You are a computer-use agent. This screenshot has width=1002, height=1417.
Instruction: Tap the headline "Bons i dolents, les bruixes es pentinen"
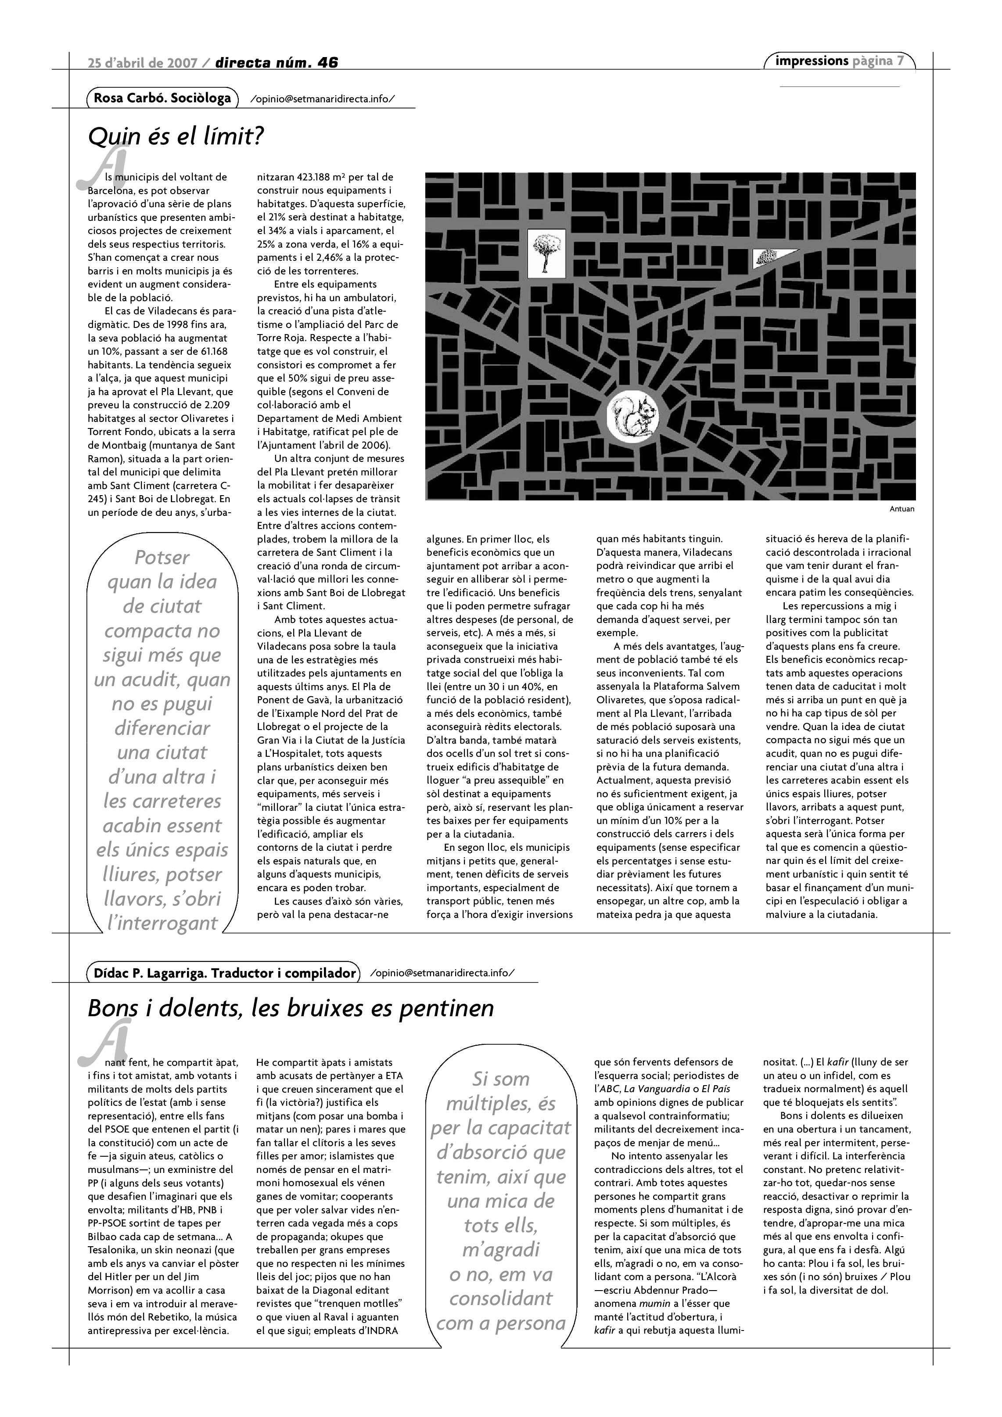[x=291, y=1008]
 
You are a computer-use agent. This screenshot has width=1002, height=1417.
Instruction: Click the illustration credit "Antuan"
[x=901, y=509]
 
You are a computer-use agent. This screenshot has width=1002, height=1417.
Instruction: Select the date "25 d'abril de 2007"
[x=143, y=62]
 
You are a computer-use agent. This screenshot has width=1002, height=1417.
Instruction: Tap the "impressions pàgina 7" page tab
[x=839, y=61]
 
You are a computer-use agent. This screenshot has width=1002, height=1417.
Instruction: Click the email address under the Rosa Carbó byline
[x=323, y=99]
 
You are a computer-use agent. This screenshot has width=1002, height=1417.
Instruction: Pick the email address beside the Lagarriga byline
[x=442, y=973]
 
